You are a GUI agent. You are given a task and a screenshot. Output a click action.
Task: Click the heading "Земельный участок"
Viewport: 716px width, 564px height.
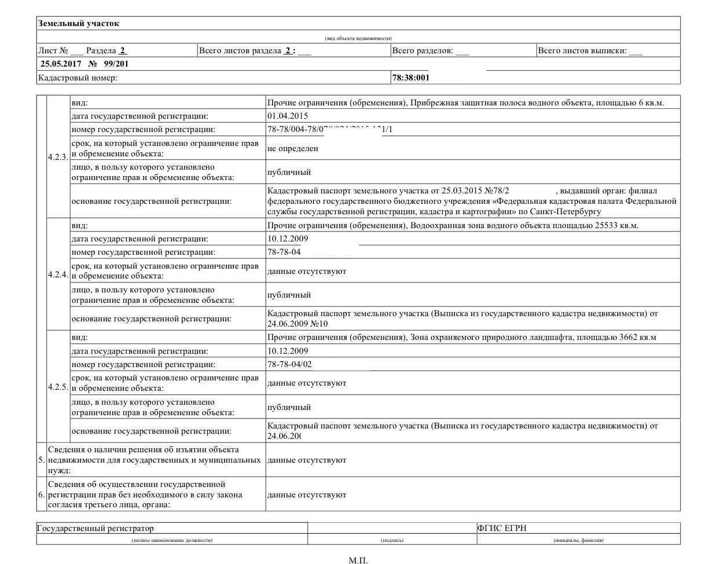coord(78,24)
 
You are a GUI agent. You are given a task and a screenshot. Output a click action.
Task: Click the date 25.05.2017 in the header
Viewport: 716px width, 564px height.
coord(60,64)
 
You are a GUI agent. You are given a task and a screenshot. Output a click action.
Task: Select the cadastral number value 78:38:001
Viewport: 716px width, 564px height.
coord(410,78)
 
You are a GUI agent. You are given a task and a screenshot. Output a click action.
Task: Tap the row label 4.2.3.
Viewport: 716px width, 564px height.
coord(58,158)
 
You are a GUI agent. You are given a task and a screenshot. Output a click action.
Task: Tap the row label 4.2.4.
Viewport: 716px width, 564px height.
coord(58,274)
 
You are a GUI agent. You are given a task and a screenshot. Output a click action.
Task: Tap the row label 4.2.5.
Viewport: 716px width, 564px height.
coord(58,386)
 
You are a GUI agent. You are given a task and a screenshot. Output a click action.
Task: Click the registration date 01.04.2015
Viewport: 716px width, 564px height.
coord(288,116)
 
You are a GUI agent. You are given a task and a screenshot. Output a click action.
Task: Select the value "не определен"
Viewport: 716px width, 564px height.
coord(293,148)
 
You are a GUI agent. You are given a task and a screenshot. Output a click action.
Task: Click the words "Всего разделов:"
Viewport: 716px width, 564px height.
coord(423,51)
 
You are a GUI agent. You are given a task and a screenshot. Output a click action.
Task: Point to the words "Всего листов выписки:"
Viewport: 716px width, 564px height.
coord(582,51)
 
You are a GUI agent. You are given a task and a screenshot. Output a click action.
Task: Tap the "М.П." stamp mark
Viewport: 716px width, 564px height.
coord(358,560)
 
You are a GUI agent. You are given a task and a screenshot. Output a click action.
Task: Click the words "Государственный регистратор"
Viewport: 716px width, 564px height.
coord(96,528)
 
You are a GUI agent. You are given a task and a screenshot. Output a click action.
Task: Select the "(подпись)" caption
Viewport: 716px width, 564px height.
coord(392,540)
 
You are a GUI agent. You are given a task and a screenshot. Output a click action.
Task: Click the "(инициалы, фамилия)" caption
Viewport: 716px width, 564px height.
coord(578,540)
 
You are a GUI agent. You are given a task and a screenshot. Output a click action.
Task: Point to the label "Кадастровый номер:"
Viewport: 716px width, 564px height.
coord(77,78)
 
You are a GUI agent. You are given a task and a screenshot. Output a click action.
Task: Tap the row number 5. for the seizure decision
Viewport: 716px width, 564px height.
coord(41,460)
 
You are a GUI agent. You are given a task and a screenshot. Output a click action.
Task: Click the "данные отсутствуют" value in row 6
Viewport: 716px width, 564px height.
coord(307,495)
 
